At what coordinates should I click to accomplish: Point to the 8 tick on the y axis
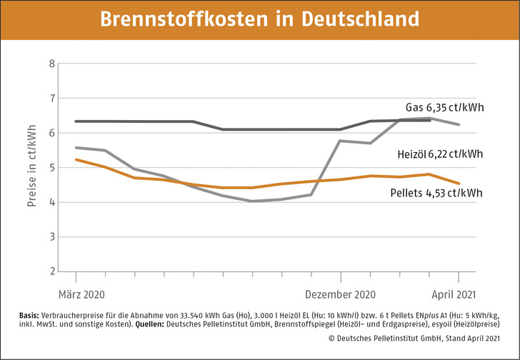coord(51,64)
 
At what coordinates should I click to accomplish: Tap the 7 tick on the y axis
coord(51,98)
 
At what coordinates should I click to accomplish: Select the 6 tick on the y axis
coord(51,133)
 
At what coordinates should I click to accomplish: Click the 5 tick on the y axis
coord(51,167)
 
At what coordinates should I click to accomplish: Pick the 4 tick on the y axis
coord(51,202)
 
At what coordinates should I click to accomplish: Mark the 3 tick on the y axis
coord(51,236)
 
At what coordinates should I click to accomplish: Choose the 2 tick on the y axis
coord(51,271)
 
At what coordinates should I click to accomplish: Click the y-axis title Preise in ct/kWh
coord(31,167)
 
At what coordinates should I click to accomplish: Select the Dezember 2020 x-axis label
coord(340,294)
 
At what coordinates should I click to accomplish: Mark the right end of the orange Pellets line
coord(459,184)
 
